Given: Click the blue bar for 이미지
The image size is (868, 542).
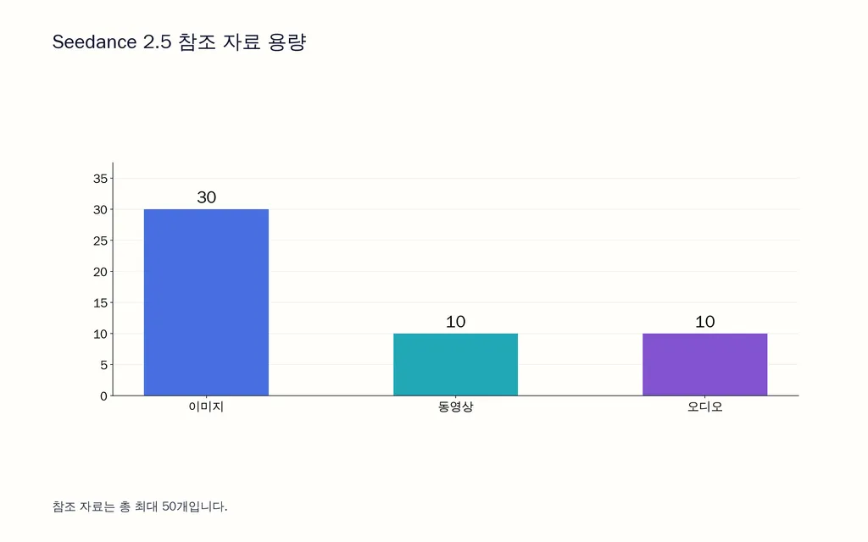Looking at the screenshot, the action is [206, 302].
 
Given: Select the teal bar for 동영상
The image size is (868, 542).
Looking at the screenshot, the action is [455, 364].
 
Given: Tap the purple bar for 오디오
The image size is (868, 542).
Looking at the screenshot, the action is [704, 364].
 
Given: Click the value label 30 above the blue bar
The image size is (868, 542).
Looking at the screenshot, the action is [207, 197].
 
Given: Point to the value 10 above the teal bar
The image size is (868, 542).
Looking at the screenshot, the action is [455, 322].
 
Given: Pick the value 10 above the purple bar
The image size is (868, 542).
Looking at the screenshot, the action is [704, 322].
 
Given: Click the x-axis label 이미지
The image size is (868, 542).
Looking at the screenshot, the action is [206, 407].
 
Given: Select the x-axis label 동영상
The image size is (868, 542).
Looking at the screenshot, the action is [455, 407].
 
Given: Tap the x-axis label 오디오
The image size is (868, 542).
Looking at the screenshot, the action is [704, 407].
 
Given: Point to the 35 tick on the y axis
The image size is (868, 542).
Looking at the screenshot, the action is [100, 179].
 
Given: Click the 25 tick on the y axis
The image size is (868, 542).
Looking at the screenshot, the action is [100, 241].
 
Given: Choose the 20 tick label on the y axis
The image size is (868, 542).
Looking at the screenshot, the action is [100, 272].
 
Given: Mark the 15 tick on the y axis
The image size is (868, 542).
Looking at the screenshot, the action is [100, 303].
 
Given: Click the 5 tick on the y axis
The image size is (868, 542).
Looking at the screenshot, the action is [104, 365].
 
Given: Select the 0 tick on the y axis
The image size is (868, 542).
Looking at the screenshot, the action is [104, 396].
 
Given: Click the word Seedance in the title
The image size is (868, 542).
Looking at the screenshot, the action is [94, 42].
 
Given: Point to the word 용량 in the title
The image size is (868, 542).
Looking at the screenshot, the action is [287, 42].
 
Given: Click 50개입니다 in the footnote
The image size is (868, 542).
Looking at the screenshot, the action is [194, 506].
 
